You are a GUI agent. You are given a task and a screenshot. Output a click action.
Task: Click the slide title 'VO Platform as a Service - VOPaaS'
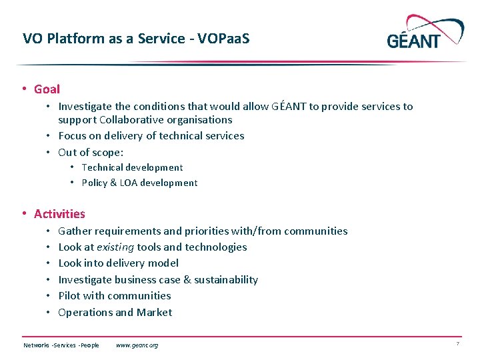[x=136, y=39]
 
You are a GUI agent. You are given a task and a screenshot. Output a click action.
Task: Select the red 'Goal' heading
[x=47, y=89]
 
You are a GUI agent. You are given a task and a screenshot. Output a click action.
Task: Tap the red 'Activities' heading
[x=59, y=214]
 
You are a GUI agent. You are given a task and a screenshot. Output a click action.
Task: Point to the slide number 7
[x=457, y=344]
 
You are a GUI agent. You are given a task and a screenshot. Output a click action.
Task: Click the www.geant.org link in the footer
[x=137, y=345]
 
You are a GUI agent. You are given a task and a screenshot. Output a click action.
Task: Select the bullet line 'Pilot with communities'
[x=114, y=296]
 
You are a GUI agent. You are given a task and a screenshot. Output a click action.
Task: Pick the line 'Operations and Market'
[x=115, y=313]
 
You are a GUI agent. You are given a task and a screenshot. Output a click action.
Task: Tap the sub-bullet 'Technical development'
[x=131, y=168]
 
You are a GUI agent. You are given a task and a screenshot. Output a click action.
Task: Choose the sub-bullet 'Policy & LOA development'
[x=139, y=183]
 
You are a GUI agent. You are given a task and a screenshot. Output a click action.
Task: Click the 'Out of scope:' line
[x=91, y=152]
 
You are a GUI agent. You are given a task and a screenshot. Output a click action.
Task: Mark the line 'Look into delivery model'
[x=118, y=263]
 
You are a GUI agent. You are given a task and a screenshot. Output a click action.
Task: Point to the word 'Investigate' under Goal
[x=85, y=107]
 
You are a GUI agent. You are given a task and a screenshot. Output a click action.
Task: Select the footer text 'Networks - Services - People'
[x=61, y=345]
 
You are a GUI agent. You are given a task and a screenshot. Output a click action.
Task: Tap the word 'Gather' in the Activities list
[x=75, y=231]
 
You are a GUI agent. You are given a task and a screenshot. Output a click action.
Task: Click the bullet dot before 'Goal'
[x=24, y=89]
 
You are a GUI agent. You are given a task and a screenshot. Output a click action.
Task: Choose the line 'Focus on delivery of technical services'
[x=151, y=136]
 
